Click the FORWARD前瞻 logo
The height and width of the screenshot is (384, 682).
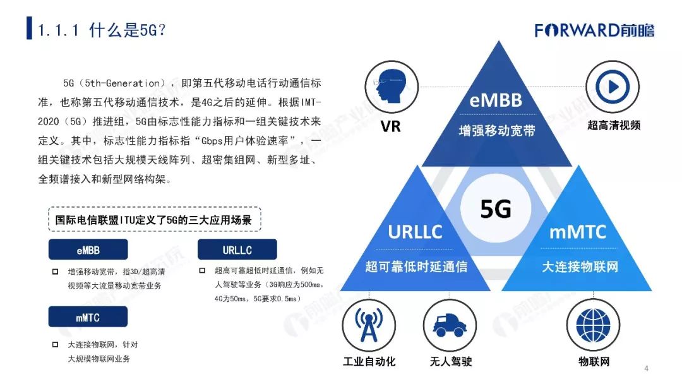(594, 30)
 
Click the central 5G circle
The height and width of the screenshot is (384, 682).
(496, 208)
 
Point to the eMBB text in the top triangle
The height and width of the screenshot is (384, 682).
(497, 100)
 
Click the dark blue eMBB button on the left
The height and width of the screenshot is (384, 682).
(88, 250)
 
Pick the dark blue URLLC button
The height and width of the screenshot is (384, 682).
(237, 250)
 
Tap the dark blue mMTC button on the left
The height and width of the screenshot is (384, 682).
(88, 318)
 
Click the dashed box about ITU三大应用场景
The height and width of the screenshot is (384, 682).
(154, 220)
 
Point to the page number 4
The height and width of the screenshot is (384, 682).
(646, 369)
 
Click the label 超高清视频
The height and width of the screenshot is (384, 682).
(614, 125)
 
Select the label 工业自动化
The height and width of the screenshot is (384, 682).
(369, 361)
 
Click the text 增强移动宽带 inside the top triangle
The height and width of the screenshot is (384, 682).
(497, 131)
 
